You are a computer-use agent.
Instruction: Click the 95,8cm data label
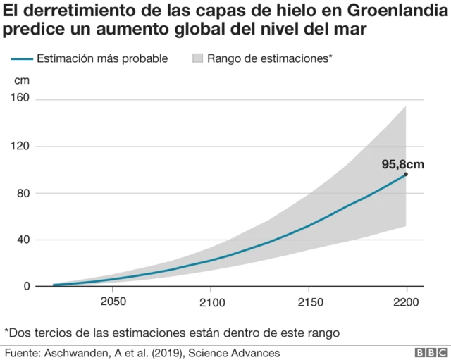[403, 164]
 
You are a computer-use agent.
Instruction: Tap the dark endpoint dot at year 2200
[406, 174]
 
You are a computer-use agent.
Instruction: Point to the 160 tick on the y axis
[20, 99]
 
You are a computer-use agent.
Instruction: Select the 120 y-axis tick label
[20, 146]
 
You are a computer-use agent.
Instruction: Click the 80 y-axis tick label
[23, 193]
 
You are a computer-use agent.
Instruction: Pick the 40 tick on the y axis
[23, 240]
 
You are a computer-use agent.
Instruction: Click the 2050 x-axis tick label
[113, 302]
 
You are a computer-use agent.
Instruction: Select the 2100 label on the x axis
[211, 302]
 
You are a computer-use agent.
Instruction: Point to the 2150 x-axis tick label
[308, 302]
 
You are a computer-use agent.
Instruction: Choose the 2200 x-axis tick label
[406, 302]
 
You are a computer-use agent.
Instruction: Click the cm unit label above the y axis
[22, 80]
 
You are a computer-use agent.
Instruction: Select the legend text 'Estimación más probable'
[101, 58]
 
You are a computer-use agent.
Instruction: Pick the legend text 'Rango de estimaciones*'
[269, 58]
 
